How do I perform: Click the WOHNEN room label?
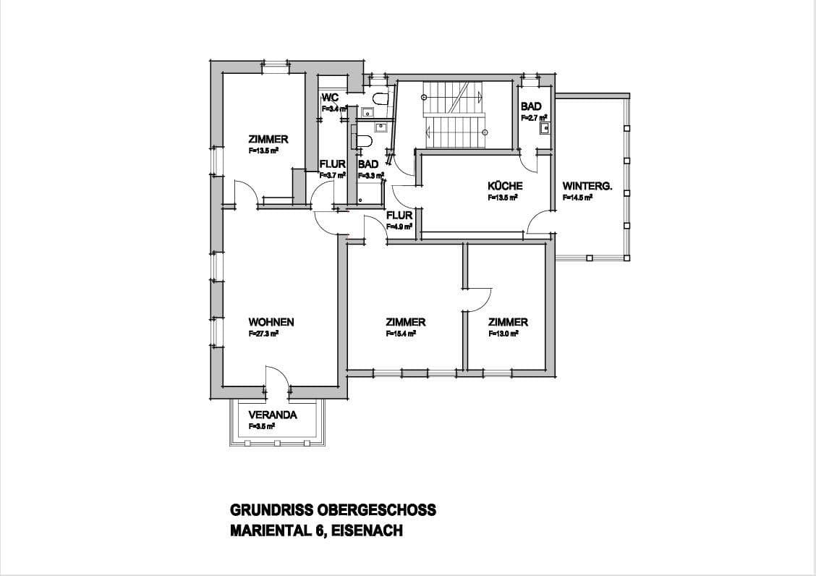coord(271,322)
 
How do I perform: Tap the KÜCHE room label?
coord(505,186)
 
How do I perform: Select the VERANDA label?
coord(273,415)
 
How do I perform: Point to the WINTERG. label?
coord(587,186)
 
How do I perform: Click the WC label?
coord(330,98)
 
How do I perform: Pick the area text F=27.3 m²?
coord(264,334)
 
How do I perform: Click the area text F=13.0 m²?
coord(503,334)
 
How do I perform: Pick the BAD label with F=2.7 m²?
coord(531,106)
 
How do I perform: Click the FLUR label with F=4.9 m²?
coord(399,216)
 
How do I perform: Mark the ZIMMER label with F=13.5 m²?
coord(268,140)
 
